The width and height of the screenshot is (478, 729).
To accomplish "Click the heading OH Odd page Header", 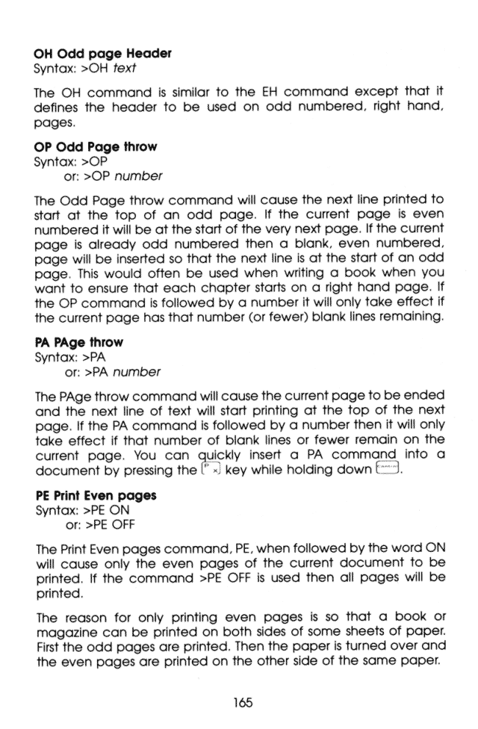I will tap(103, 53).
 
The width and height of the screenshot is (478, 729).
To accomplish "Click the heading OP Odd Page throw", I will tap(96, 147).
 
